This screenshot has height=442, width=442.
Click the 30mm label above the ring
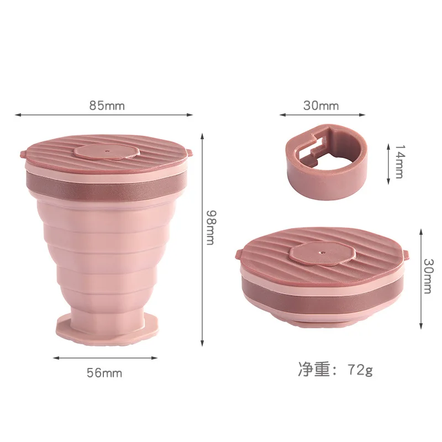[321, 105]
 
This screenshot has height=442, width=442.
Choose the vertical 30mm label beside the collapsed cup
[426, 276]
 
